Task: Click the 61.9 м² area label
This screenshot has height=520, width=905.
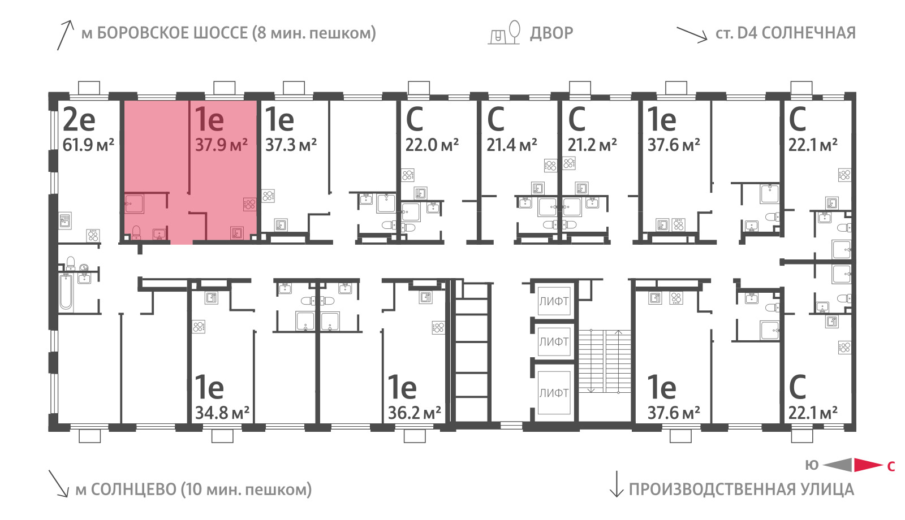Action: click(88, 145)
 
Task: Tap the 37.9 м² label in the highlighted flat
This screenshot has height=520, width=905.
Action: click(221, 145)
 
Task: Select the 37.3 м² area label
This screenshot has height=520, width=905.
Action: click(291, 145)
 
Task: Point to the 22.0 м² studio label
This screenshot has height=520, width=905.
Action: click(432, 145)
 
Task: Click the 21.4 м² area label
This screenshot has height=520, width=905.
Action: click(512, 145)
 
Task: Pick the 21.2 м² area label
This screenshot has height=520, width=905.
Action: click(592, 145)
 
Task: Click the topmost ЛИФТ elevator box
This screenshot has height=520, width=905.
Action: click(554, 301)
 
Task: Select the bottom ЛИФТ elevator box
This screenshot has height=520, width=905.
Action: click(554, 392)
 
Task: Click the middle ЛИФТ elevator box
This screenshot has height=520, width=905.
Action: click(554, 341)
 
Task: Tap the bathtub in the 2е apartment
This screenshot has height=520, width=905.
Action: click(66, 292)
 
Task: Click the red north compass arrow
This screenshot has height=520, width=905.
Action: click(868, 465)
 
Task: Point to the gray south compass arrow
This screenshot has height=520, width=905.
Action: click(838, 465)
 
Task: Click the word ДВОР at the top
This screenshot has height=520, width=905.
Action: click(551, 33)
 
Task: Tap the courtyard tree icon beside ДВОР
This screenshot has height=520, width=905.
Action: click(514, 32)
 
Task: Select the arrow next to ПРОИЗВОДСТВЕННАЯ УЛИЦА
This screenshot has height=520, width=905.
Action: click(617, 484)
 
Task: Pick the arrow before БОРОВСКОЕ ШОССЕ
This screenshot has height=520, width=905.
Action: click(66, 35)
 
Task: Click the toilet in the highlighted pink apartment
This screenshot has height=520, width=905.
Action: click(136, 232)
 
